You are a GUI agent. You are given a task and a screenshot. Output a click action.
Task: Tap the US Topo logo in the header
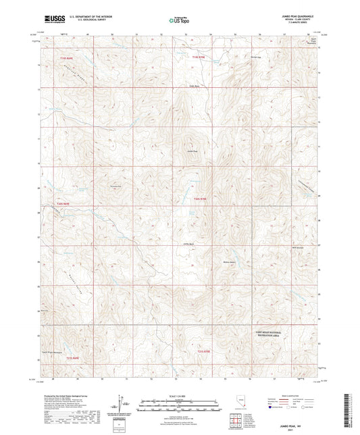click(178, 21)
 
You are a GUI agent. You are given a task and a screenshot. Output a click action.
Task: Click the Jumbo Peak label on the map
click(192, 151)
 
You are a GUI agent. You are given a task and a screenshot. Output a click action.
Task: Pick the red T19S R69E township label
click(65, 59)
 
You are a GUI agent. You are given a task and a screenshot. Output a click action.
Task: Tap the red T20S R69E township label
click(63, 203)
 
